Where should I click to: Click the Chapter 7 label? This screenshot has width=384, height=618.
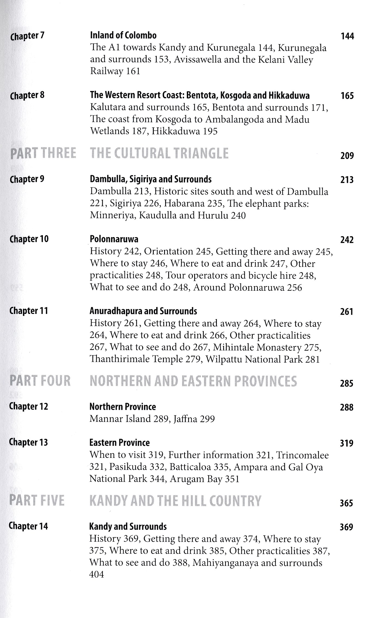coord(27,36)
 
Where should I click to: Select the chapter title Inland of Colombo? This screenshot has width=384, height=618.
coord(123,35)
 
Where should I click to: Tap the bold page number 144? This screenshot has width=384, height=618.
coord(347,36)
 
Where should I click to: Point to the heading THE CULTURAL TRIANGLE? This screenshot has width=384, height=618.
coord(159,153)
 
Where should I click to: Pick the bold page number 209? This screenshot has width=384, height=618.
coord(347,156)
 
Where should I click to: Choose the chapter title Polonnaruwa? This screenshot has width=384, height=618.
coord(114,239)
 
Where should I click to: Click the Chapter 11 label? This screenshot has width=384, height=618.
coord(29,311)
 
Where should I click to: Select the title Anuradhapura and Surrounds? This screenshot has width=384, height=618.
coord(143,311)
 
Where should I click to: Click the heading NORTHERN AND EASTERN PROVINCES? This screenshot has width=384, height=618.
coord(193,381)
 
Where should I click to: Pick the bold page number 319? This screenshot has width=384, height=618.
coord(347,443)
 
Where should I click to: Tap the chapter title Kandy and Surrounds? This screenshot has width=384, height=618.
coord(128,526)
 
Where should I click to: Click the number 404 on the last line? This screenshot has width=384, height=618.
coord(97,575)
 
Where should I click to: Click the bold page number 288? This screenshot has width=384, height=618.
coord(347,407)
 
